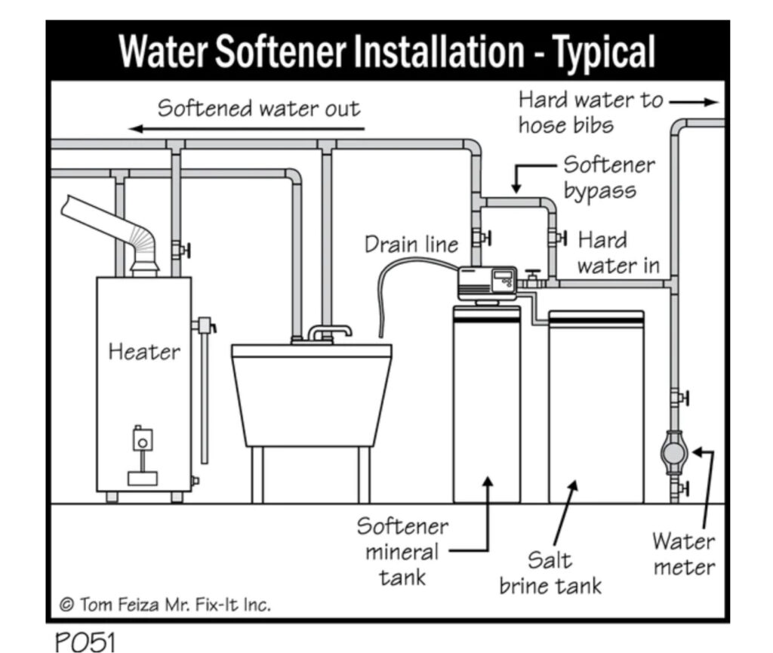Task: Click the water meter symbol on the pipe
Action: pyautogui.click(x=671, y=452)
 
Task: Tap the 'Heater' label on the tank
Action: pyautogui.click(x=144, y=351)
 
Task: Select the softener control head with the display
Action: pyautogui.click(x=488, y=284)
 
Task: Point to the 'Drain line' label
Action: pyautogui.click(x=411, y=245)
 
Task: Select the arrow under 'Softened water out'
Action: pyautogui.click(x=250, y=129)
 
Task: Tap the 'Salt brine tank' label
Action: pyautogui.click(x=550, y=572)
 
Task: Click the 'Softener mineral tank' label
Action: pyautogui.click(x=402, y=551)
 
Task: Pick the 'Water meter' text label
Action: pyautogui.click(x=684, y=553)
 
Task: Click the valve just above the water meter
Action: pyautogui.click(x=679, y=396)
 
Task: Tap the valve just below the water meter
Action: pyautogui.click(x=679, y=488)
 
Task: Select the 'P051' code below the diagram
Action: pyautogui.click(x=85, y=641)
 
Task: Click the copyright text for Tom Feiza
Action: pyautogui.click(x=165, y=604)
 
